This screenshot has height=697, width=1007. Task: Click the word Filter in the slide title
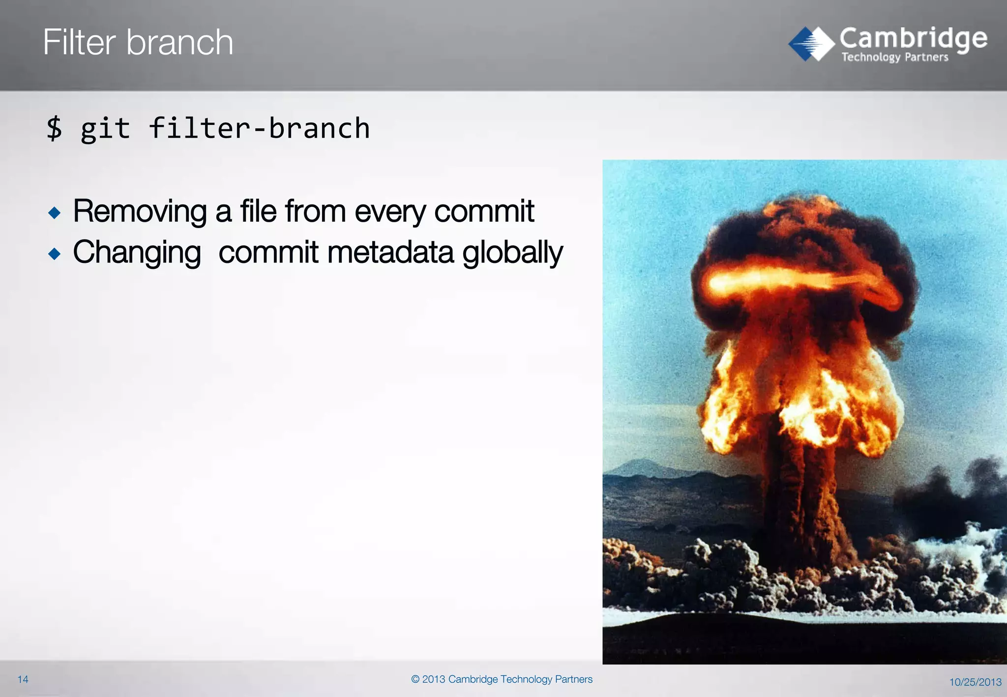click(x=79, y=42)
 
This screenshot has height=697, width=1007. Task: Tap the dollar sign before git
click(x=54, y=128)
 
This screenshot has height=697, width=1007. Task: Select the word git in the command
click(x=105, y=129)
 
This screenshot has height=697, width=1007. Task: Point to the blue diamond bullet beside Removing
click(x=55, y=213)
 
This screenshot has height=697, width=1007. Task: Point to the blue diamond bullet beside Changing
click(x=55, y=254)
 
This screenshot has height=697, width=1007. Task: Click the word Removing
click(x=140, y=212)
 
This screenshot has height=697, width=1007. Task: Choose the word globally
click(x=512, y=253)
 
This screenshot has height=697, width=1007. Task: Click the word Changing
click(x=137, y=253)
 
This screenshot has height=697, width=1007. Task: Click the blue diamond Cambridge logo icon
click(x=811, y=44)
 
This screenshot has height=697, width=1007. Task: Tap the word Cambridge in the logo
click(x=913, y=38)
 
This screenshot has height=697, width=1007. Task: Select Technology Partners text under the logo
click(x=894, y=58)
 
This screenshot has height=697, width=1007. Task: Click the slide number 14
click(x=23, y=679)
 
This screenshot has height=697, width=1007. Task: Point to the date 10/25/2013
click(x=975, y=682)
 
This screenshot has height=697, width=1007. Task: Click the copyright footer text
click(x=502, y=679)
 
